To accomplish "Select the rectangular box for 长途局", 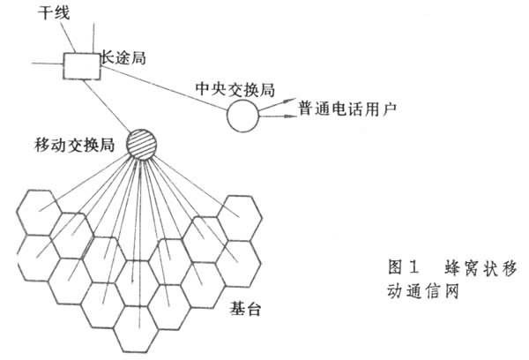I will point(79,64).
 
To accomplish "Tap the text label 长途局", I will point(121,57).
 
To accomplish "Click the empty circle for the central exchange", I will point(244,116).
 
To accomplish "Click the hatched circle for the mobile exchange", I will point(141,143).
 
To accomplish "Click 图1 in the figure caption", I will point(403,266).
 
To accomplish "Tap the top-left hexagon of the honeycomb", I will point(38,210).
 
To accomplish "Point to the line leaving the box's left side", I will point(46,63).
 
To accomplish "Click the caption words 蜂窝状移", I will point(471,266).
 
